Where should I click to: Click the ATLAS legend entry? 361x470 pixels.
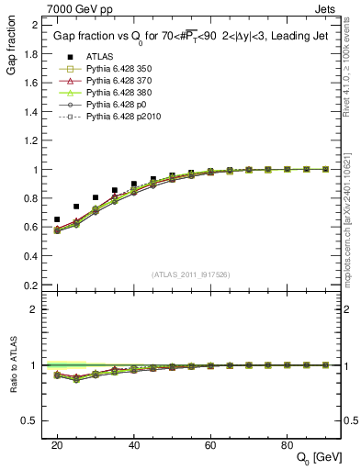(x=89, y=56)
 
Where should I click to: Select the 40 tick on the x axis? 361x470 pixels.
(x=133, y=444)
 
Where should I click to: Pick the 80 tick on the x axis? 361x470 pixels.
(x=287, y=444)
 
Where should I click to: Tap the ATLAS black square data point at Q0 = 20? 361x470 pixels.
(x=57, y=220)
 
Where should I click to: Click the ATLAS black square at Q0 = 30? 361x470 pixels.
(x=96, y=197)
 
